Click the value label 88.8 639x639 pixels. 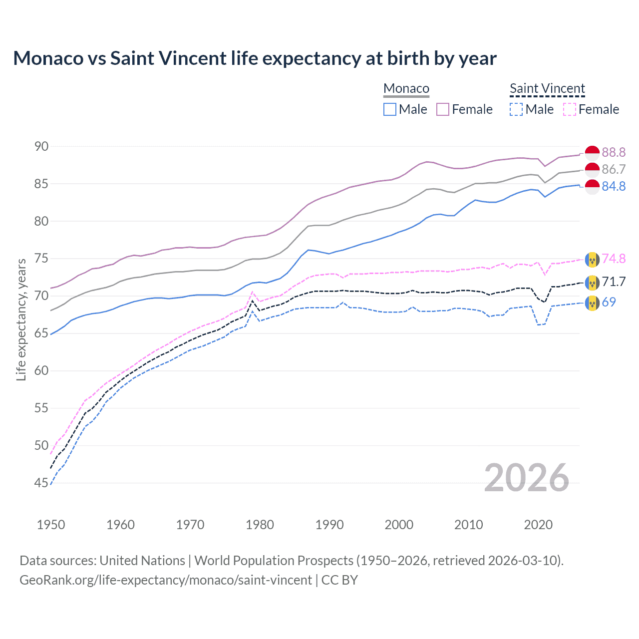coord(614,152)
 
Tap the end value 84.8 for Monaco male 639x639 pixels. coord(614,186)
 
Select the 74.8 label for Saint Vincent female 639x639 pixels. coord(614,259)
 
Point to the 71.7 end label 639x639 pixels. coord(614,282)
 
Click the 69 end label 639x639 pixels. coord(609,302)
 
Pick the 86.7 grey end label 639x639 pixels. coord(614,169)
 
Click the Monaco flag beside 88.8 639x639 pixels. coord(592,153)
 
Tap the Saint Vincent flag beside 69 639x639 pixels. coord(592,303)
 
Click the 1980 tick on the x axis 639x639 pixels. coord(260,525)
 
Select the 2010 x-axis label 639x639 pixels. coord(468,525)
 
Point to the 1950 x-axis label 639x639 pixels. coord(51,525)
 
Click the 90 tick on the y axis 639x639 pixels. coord(41,146)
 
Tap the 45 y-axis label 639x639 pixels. coord(41,483)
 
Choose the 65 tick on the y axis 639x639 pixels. coord(41,333)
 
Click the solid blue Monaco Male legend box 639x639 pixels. coord(390,109)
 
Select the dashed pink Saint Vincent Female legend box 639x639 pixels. coord(570,109)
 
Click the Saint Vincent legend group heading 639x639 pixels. coord(547,88)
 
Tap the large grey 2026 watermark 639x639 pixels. coord(527,478)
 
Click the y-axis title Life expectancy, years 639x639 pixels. coord(21,319)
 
